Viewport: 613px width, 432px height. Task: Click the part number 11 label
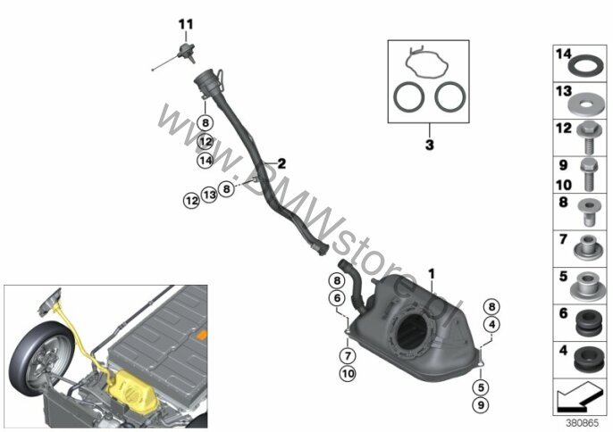pos(186,25)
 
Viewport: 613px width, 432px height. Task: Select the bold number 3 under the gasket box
pos(429,145)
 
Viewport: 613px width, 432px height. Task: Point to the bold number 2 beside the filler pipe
pos(281,163)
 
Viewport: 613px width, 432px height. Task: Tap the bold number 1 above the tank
pos(432,274)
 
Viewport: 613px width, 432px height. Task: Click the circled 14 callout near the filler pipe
pos(206,160)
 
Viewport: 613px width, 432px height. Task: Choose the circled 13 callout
pos(209,194)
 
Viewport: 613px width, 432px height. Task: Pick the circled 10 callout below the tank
pos(348,374)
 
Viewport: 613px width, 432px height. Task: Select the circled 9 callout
pos(481,405)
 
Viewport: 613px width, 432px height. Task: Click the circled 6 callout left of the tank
pos(337,298)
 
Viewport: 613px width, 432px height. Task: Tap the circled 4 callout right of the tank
pos(491,324)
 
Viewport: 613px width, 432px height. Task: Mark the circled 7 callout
pos(348,356)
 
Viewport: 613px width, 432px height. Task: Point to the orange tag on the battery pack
pos(203,334)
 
